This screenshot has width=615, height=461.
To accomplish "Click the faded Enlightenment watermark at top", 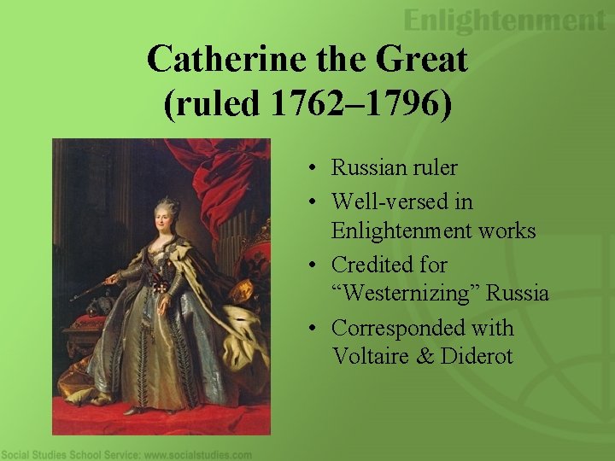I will (x=503, y=20).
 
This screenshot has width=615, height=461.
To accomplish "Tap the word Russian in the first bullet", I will (x=369, y=167).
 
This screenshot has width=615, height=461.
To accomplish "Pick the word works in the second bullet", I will (x=507, y=230).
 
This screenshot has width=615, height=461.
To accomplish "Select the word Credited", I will (x=372, y=265).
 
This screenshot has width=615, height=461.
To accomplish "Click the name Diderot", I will (x=477, y=356).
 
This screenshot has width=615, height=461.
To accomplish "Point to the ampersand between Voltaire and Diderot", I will (x=424, y=356).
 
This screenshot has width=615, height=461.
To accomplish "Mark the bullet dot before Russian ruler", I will (x=315, y=168).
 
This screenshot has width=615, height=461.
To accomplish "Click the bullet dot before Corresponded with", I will (x=315, y=329).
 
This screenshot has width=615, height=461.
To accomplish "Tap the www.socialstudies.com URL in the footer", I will (x=197, y=455).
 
